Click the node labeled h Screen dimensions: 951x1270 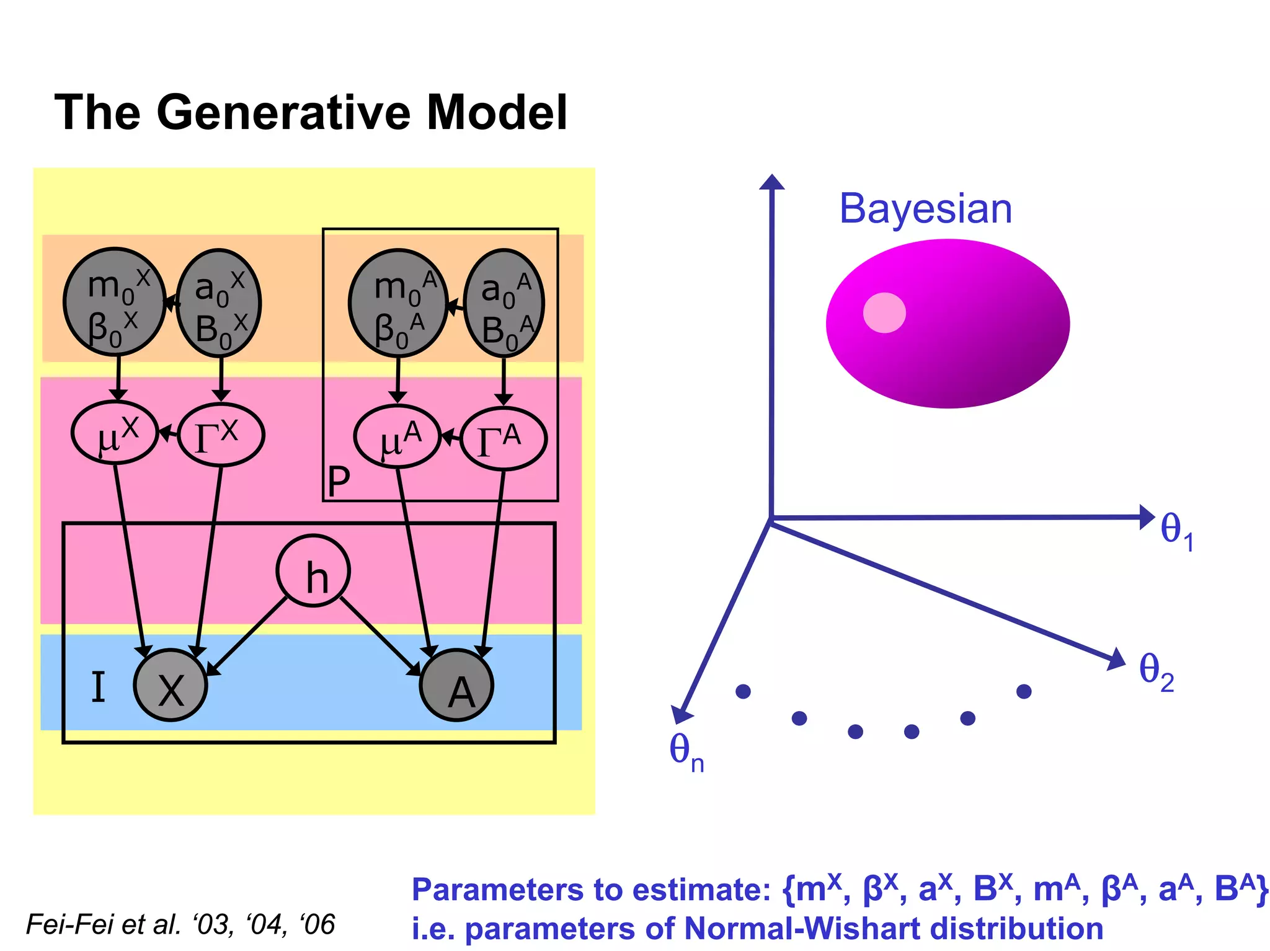[313, 571]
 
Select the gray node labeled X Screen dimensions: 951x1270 [171, 686]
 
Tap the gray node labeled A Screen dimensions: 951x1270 [457, 686]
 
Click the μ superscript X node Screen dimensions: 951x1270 [115, 433]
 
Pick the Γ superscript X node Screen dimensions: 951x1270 [221, 435]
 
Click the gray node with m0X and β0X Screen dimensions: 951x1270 [115, 303]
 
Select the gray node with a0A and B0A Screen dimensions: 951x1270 [504, 304]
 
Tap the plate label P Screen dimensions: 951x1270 [339, 481]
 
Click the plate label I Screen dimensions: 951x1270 [98, 688]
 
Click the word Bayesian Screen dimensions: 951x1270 [925, 209]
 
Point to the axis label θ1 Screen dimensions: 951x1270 [1176, 531]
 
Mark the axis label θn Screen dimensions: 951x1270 [686, 752]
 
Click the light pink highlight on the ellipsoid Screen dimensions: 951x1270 [884, 312]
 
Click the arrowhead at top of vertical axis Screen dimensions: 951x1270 [772, 182]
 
